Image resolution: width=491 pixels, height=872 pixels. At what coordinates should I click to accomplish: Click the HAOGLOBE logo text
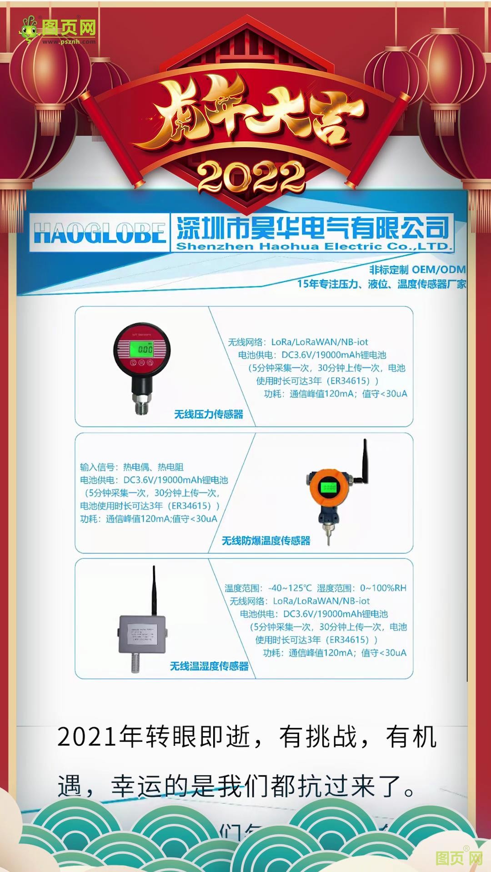[99, 233]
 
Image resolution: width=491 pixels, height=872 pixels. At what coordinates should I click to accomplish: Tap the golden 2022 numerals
[251, 177]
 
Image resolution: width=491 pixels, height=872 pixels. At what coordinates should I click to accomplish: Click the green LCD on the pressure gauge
[142, 349]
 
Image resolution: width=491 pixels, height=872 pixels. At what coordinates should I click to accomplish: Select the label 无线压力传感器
[209, 414]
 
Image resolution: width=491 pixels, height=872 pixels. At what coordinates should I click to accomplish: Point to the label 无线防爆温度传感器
[266, 540]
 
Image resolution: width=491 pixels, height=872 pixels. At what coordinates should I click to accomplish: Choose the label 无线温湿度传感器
[209, 666]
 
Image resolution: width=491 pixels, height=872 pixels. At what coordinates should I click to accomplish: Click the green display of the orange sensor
[329, 487]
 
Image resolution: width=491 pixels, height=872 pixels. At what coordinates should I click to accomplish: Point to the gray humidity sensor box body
[143, 634]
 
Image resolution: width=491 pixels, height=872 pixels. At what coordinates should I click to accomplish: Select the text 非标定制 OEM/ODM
[417, 270]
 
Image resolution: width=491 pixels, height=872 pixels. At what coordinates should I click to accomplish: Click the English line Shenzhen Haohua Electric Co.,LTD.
[314, 247]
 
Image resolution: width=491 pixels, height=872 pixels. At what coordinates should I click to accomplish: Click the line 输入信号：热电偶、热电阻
[132, 467]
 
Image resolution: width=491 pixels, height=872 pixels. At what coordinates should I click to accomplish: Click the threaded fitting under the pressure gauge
[142, 404]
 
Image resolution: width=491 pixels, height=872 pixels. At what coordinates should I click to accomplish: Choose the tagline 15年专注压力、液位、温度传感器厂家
[381, 284]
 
